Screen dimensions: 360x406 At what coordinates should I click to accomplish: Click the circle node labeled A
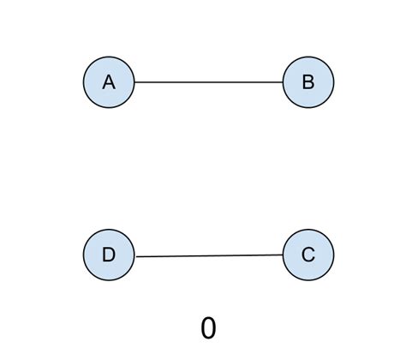click(109, 82)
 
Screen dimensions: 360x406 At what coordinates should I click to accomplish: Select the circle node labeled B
click(307, 82)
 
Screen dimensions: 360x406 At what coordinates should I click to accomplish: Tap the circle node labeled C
click(307, 255)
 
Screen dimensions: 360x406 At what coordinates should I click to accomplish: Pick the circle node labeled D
click(109, 255)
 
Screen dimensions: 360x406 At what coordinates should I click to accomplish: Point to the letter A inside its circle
click(109, 82)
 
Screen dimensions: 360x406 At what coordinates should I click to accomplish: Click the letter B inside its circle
click(307, 82)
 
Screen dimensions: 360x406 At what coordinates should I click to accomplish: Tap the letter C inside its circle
click(307, 255)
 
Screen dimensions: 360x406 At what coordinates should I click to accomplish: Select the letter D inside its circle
click(109, 255)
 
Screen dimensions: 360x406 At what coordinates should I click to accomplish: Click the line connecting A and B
click(208, 82)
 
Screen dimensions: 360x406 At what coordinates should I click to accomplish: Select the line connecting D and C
click(208, 255)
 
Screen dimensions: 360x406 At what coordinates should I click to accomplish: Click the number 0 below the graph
click(208, 327)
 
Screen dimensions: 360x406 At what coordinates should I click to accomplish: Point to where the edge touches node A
click(134, 82)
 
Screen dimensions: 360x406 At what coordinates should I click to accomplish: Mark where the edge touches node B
click(282, 82)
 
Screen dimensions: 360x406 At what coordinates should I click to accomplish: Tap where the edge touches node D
click(134, 256)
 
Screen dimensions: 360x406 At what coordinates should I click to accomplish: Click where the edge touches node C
click(282, 255)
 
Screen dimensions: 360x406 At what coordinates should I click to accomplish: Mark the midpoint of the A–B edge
click(208, 82)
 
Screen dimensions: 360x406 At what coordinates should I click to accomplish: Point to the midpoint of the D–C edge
click(208, 255)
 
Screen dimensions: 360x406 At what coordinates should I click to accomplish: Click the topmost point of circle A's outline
click(109, 57)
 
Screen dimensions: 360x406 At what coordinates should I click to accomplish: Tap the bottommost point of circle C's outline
click(307, 280)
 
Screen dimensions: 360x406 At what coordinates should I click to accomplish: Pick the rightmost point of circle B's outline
click(333, 82)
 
